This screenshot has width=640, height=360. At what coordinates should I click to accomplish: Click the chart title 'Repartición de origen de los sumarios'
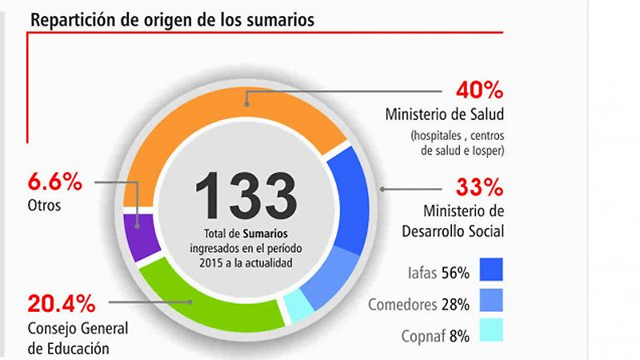coord(172,19)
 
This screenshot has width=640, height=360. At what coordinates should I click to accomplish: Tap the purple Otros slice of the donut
coord(141,237)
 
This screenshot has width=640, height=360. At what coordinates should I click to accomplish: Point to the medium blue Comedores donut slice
coord(330,278)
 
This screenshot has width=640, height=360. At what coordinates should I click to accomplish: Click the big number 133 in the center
coord(246,196)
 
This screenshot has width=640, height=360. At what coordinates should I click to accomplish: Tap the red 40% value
coord(479,90)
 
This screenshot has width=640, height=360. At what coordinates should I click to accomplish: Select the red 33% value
coord(479,187)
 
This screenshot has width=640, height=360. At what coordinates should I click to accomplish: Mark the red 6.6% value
coord(54,182)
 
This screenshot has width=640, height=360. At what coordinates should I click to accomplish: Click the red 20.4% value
coord(62,304)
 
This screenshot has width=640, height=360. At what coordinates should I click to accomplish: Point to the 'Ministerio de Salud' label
coord(445,114)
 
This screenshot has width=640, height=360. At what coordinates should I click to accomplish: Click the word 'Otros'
coord(44,206)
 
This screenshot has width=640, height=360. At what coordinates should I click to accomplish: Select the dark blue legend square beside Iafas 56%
coord(491,270)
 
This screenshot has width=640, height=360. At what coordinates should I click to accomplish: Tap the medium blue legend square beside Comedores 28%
coord(491,300)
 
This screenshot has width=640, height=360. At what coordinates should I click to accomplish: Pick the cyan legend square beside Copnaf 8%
coord(491,330)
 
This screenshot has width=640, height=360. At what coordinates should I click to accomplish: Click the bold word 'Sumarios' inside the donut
coord(266,234)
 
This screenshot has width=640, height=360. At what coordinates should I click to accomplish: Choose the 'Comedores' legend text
coord(402,305)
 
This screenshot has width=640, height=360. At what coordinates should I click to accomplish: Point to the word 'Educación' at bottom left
coord(78,349)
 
